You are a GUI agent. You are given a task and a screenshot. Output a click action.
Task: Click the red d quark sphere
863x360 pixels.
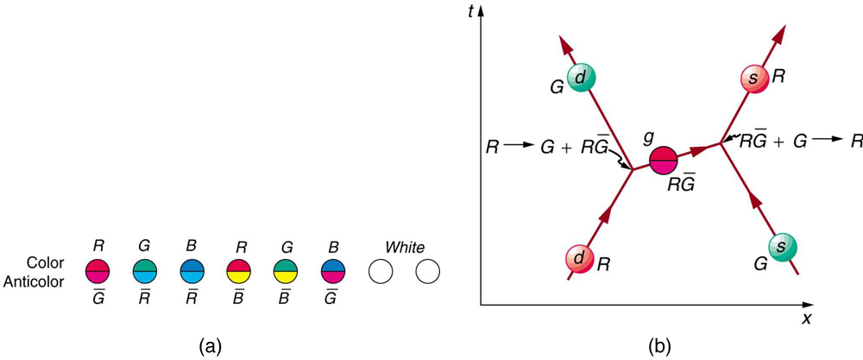(x=579, y=260)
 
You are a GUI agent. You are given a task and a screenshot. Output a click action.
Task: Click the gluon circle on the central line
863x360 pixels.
(x=663, y=161)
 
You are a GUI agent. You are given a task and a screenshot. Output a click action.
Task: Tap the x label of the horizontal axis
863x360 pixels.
(x=807, y=319)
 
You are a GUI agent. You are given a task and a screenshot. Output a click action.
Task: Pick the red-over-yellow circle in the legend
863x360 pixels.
(x=238, y=272)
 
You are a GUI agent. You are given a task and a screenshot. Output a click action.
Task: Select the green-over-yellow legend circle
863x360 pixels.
(x=286, y=272)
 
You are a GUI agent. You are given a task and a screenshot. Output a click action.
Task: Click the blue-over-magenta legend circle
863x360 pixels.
(x=332, y=272)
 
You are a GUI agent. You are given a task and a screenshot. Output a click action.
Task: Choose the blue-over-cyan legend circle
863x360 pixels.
(x=192, y=272)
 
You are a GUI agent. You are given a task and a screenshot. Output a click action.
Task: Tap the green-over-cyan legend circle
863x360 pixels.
(x=145, y=272)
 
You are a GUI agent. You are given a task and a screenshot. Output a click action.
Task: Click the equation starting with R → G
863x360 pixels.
(x=544, y=148)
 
